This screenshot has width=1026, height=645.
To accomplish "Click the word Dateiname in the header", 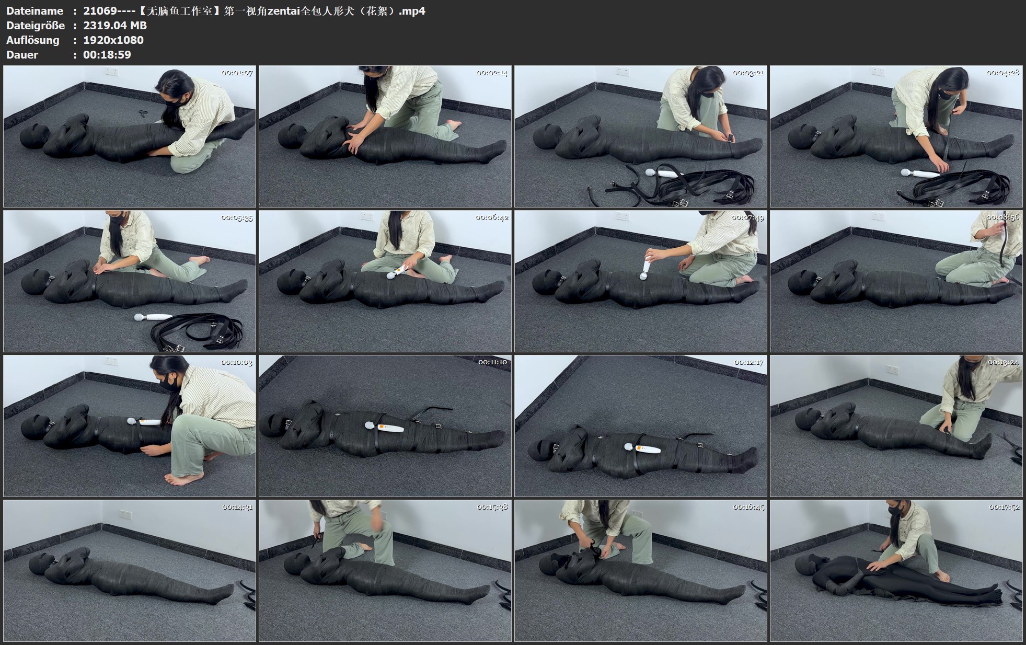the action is tap(34, 11).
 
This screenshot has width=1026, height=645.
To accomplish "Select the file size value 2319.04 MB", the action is tap(115, 26).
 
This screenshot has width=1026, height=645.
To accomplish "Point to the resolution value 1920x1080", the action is tap(113, 40).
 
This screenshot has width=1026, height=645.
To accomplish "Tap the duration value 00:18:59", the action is tap(107, 55).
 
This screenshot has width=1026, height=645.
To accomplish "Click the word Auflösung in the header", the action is tap(32, 40).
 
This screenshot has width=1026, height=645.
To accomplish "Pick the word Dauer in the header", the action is tap(22, 55).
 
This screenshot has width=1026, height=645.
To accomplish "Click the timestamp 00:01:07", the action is tap(237, 73).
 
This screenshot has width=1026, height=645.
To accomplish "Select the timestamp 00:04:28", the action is tap(1003, 73).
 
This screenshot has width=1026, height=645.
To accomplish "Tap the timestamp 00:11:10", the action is tap(492, 362).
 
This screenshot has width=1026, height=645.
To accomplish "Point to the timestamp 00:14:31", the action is tap(237, 507).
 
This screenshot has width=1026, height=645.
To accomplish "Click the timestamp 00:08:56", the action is tap(1003, 217).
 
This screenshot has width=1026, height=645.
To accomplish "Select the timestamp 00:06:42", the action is tap(492, 217).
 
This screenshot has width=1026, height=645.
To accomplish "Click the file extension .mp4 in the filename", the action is tap(412, 11).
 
